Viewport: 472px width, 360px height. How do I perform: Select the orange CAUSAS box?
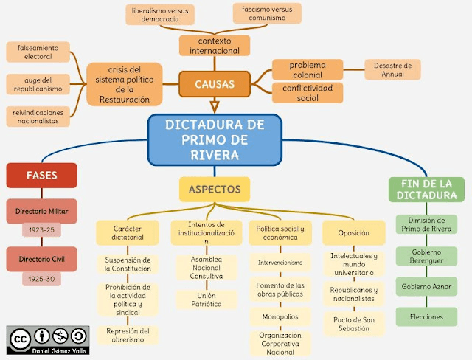[x=215, y=85]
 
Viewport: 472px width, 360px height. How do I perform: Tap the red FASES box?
[x=41, y=176]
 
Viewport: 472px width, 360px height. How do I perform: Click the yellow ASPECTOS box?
[x=215, y=189]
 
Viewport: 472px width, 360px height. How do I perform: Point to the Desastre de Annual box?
[x=392, y=69]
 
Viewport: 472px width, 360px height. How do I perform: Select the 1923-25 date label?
[x=42, y=230]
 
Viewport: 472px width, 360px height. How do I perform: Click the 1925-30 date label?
[x=42, y=279]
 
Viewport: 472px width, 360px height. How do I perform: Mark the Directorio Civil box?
[x=42, y=259]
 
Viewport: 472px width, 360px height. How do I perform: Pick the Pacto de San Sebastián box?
[x=354, y=324]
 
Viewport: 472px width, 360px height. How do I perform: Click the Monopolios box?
[x=280, y=316]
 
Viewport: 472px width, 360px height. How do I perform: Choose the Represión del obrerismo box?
[x=128, y=335]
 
